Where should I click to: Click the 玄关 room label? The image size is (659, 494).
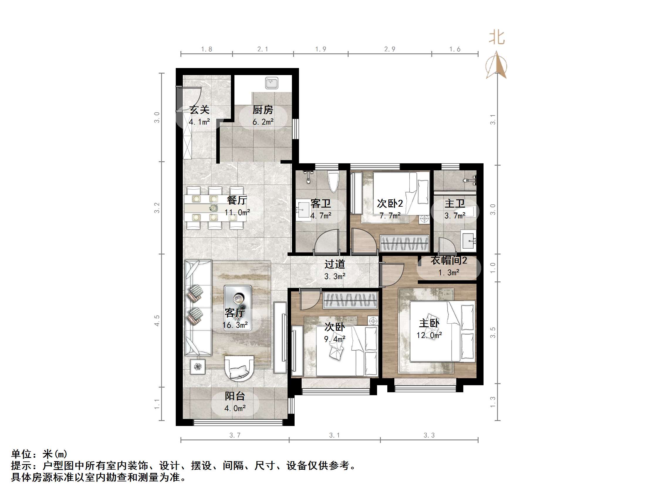(x=199, y=110)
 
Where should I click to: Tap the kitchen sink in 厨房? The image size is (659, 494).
(x=271, y=83)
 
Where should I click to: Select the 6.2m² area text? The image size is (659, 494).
(x=263, y=122)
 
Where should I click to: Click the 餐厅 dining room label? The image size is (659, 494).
(x=237, y=200)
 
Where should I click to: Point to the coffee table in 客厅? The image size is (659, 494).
(x=237, y=308)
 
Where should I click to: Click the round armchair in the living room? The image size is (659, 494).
(x=239, y=368)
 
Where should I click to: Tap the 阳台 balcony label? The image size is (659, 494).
(x=235, y=396)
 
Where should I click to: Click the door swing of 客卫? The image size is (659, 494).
(x=327, y=241)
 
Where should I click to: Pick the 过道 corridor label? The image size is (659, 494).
(x=334, y=264)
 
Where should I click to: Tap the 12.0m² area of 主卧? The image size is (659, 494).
(x=429, y=335)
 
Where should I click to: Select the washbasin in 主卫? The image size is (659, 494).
(x=469, y=240)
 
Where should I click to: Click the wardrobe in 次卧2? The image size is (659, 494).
(x=404, y=244)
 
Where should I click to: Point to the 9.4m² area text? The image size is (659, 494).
(x=334, y=339)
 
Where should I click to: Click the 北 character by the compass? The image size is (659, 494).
(x=496, y=38)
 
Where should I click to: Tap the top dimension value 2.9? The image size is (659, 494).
(x=389, y=49)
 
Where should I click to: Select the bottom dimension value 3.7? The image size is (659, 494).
(x=234, y=435)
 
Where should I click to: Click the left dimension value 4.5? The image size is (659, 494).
(x=157, y=320)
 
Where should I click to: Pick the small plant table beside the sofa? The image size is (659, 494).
(x=197, y=366)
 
